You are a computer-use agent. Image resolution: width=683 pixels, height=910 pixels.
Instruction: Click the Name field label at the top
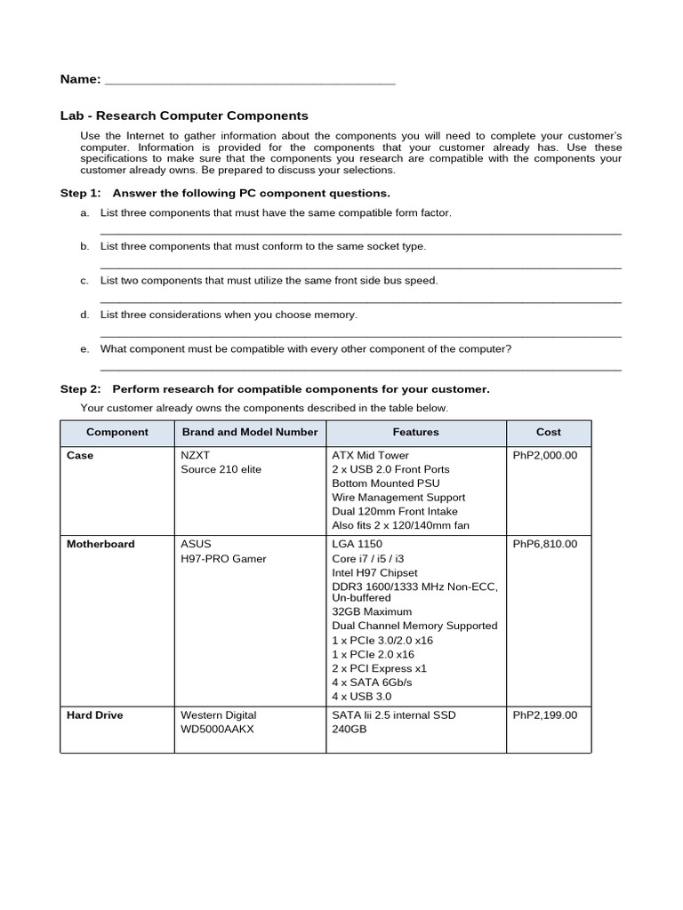80,80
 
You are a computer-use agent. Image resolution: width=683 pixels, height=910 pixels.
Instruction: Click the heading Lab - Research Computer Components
184,116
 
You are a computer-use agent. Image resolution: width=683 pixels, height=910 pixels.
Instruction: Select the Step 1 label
81,193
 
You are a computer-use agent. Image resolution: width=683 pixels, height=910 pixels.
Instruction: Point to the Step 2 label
81,389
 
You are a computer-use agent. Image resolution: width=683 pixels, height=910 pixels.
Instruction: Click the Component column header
117,432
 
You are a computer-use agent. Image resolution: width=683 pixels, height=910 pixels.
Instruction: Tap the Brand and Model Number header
250,432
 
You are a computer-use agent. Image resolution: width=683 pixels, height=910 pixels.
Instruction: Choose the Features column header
416,432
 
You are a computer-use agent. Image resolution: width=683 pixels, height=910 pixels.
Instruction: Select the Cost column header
549,432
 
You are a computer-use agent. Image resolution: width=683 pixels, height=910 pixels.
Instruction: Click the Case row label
80,455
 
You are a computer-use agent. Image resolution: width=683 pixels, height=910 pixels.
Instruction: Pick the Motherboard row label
101,544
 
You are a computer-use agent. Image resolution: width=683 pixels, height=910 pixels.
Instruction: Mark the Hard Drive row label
95,714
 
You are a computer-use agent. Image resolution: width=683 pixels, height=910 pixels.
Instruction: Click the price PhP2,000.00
545,455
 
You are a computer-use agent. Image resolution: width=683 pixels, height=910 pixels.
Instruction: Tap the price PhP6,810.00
545,544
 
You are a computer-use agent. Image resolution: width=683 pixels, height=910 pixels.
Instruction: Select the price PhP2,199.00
545,714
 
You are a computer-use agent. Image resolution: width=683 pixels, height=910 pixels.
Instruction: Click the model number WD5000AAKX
219,729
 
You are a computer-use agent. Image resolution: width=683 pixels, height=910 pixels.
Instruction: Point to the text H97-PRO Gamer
223,558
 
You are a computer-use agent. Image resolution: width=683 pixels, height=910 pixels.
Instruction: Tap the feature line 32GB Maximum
372,611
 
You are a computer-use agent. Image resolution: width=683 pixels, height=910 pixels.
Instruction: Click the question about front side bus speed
269,280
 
